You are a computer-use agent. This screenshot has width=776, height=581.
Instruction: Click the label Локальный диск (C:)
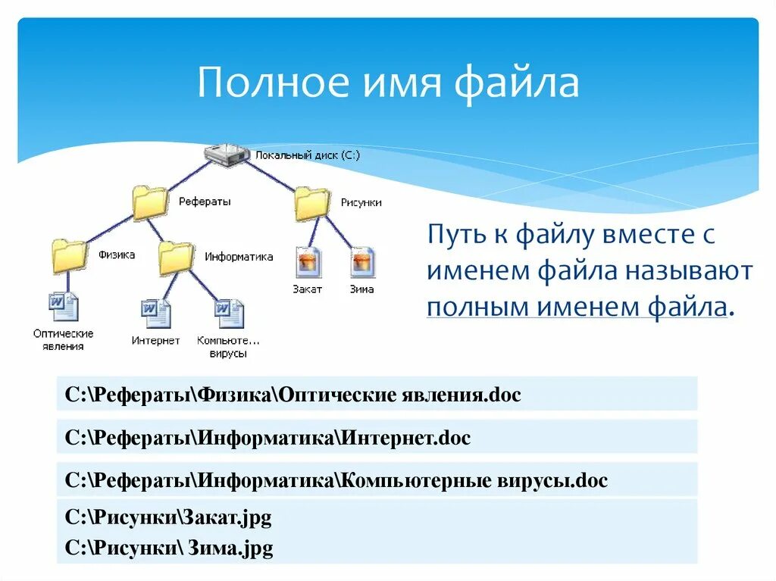tap(307, 155)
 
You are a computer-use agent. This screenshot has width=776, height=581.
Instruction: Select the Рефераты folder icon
tap(149, 203)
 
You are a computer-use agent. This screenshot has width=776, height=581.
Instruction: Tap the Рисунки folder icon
tap(311, 203)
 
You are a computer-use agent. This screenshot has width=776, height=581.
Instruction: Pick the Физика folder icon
tap(69, 256)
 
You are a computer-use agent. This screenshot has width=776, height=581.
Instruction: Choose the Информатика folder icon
tap(176, 258)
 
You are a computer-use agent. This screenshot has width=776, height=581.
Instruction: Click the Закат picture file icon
tap(308, 263)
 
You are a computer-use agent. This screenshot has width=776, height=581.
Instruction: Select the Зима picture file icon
tap(362, 263)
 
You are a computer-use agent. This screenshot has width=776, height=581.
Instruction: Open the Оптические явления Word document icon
tap(64, 307)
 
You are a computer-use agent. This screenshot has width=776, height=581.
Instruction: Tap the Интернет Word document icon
tap(156, 313)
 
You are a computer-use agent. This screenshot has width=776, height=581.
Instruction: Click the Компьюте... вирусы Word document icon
tap(229, 313)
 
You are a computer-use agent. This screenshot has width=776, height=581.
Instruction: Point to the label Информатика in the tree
tap(239, 257)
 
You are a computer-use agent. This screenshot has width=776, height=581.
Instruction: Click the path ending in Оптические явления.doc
tap(293, 395)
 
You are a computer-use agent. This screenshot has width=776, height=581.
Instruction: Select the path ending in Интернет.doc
tap(268, 438)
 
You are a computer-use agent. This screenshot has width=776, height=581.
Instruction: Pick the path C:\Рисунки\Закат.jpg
tap(168, 518)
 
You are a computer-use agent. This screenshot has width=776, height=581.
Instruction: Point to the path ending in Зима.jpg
tap(169, 548)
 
